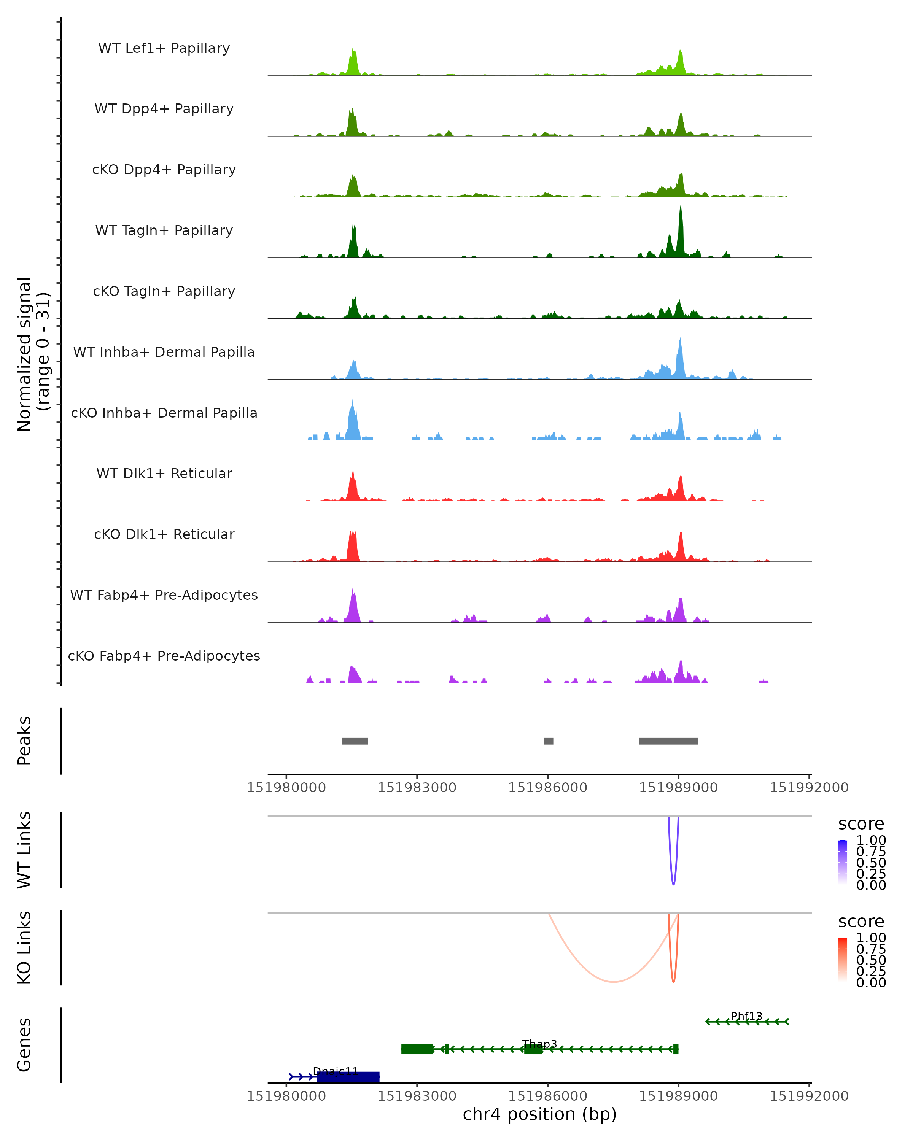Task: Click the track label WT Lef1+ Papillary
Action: (x=164, y=48)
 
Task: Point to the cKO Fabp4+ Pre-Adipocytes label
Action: (x=164, y=656)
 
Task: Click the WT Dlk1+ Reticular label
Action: (x=164, y=474)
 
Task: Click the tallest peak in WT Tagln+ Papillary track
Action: (x=681, y=212)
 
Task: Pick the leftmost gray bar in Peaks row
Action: (x=355, y=741)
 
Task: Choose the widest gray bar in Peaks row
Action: (x=668, y=741)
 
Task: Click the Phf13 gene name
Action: (x=746, y=1016)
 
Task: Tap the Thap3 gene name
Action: (x=539, y=1044)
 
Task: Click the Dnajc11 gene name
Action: (x=336, y=1071)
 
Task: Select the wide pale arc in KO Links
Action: (x=614, y=982)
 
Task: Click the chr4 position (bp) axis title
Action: (x=539, y=1114)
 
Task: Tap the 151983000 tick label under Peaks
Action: (x=417, y=788)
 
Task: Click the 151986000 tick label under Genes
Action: (x=547, y=1095)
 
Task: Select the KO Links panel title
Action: (x=24, y=947)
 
